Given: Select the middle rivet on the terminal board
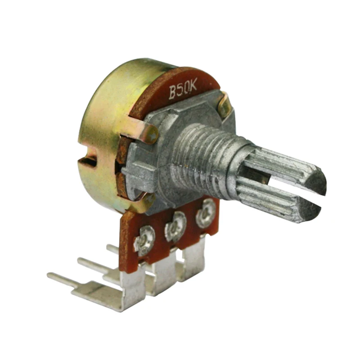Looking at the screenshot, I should (x=175, y=227).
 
